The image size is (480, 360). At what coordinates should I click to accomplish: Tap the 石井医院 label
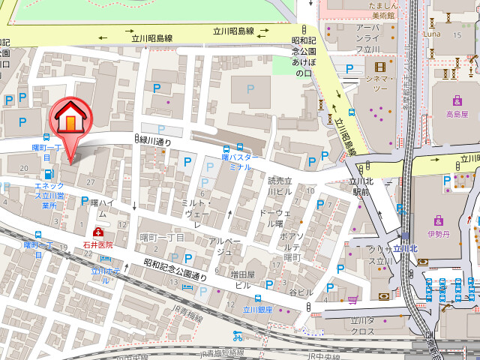click(x=98, y=244)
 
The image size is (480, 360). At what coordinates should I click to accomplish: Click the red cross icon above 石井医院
click(x=98, y=233)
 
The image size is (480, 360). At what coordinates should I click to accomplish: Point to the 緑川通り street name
click(x=156, y=140)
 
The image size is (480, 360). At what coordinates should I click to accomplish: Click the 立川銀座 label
click(x=259, y=308)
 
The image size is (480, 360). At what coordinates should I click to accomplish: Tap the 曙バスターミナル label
click(x=239, y=163)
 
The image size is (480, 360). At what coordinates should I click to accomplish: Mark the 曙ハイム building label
click(x=102, y=208)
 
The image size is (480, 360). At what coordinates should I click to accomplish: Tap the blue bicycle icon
click(x=237, y=336)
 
